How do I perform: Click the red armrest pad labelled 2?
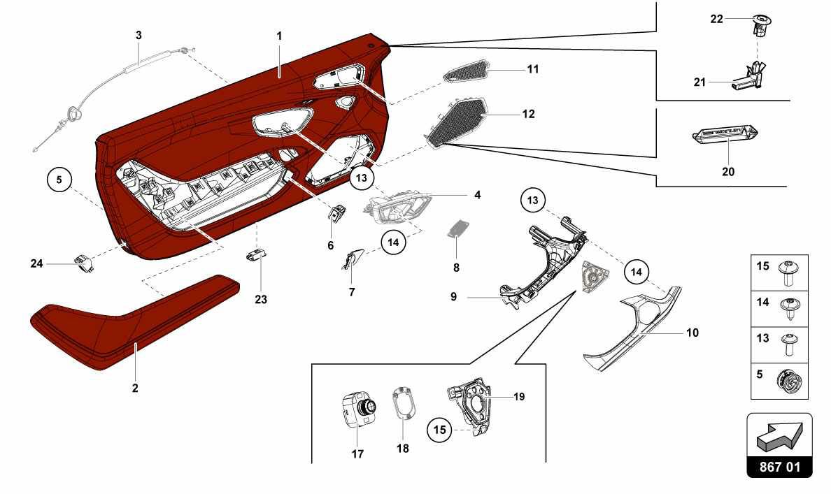tap(132, 323)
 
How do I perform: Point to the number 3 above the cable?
tap(138, 36)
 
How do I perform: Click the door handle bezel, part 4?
tap(397, 209)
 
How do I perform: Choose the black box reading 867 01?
tap(779, 467)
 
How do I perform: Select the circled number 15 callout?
tap(440, 429)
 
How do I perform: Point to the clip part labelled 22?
tap(762, 24)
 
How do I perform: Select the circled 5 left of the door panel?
tap(59, 180)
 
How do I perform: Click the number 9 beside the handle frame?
tap(454, 296)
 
